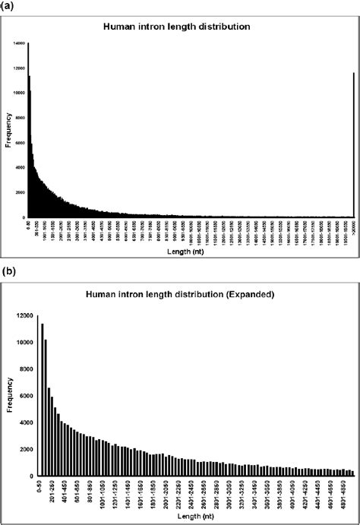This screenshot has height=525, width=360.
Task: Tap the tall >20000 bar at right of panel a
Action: pos(354,144)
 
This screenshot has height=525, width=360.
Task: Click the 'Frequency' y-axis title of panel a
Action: pos(8,129)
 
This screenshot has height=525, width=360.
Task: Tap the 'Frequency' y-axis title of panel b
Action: pos(8,395)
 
